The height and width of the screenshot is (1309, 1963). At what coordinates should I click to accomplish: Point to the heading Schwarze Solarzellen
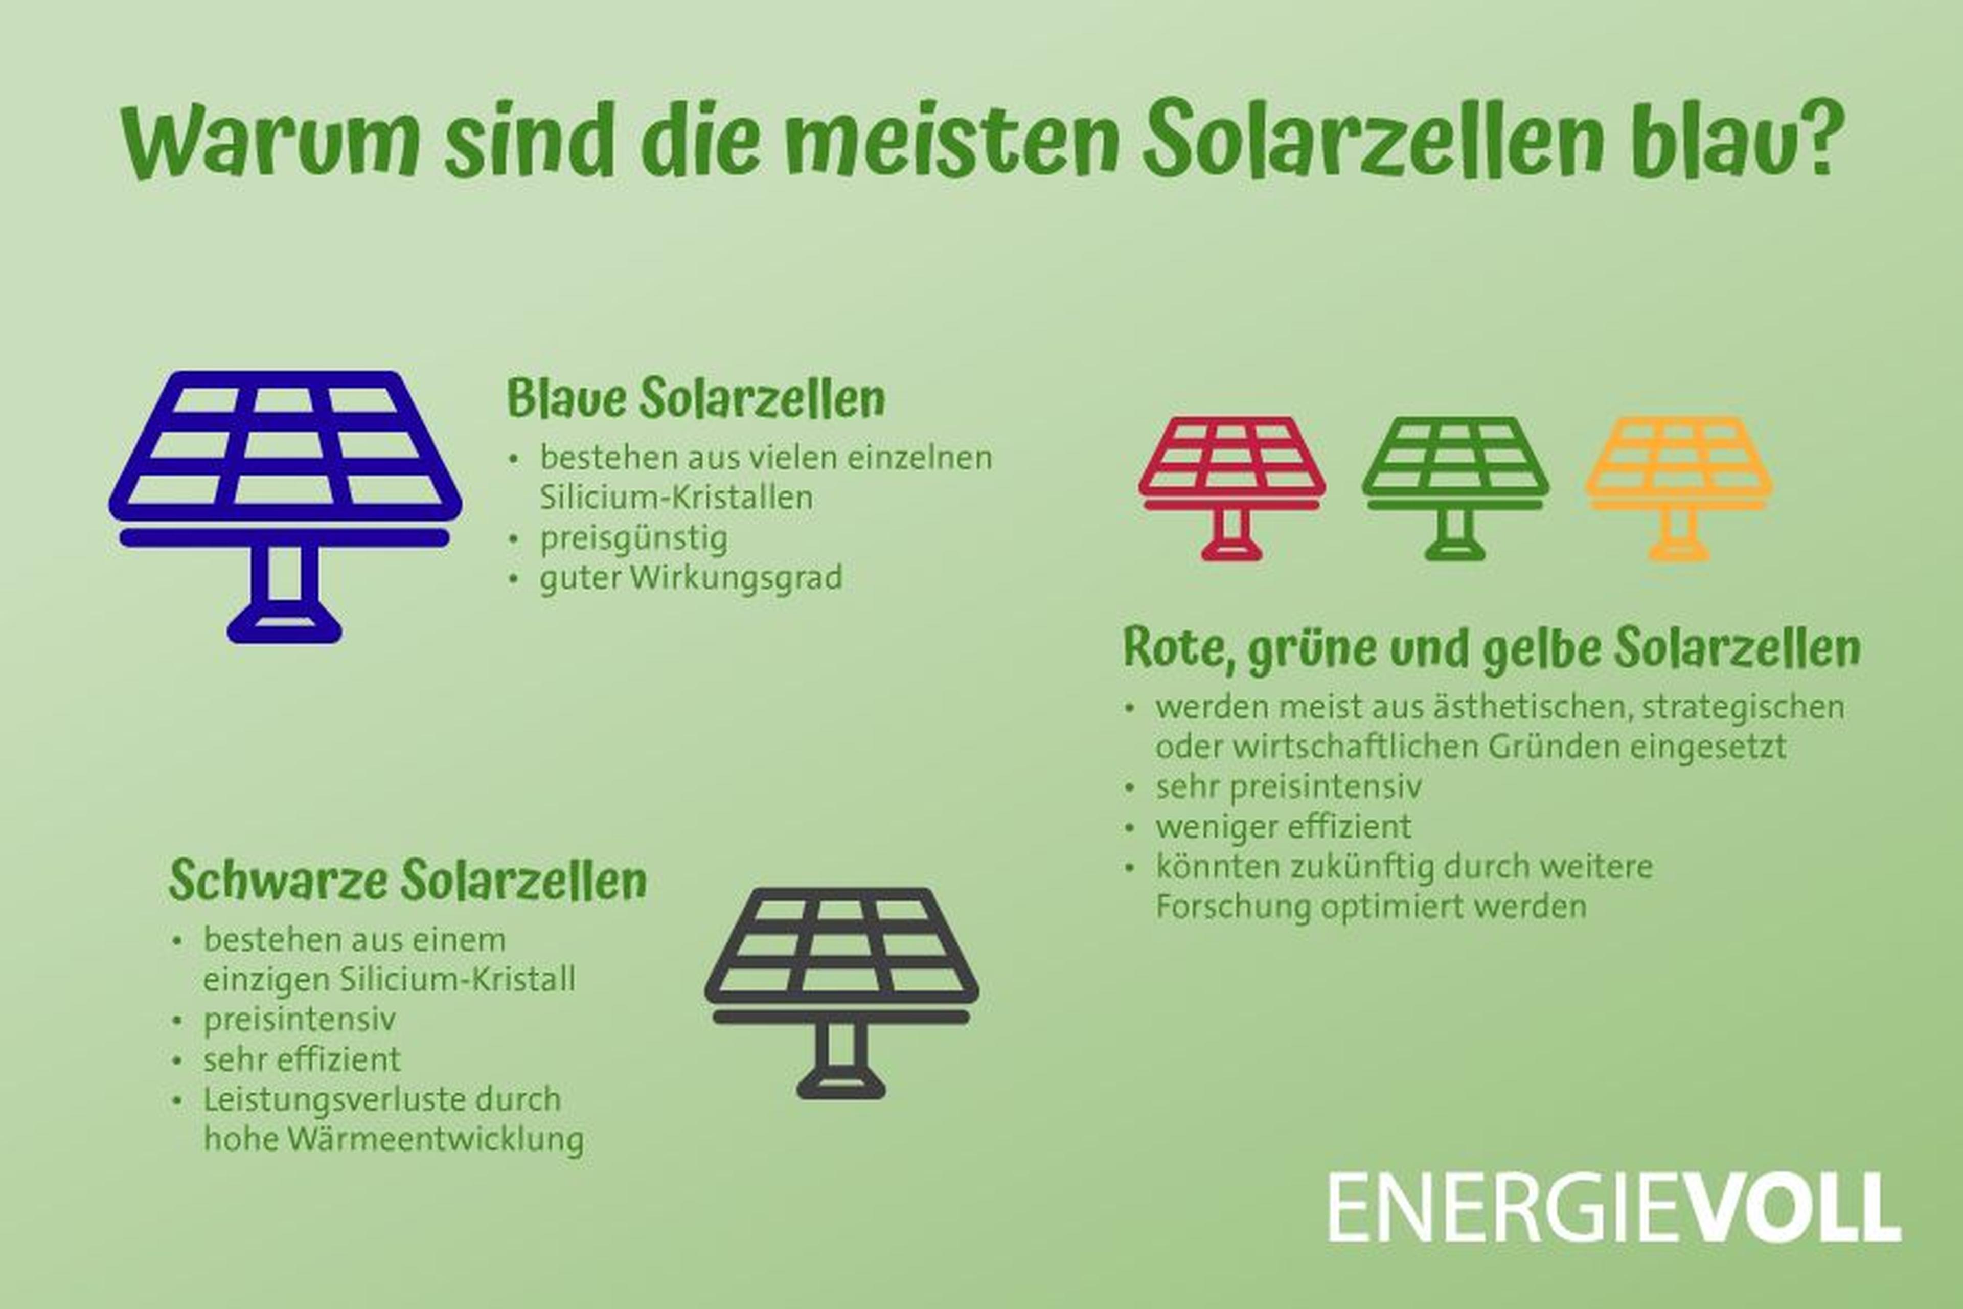pos(407,880)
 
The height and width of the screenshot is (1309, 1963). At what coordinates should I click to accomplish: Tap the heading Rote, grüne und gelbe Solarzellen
pos(1492,647)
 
